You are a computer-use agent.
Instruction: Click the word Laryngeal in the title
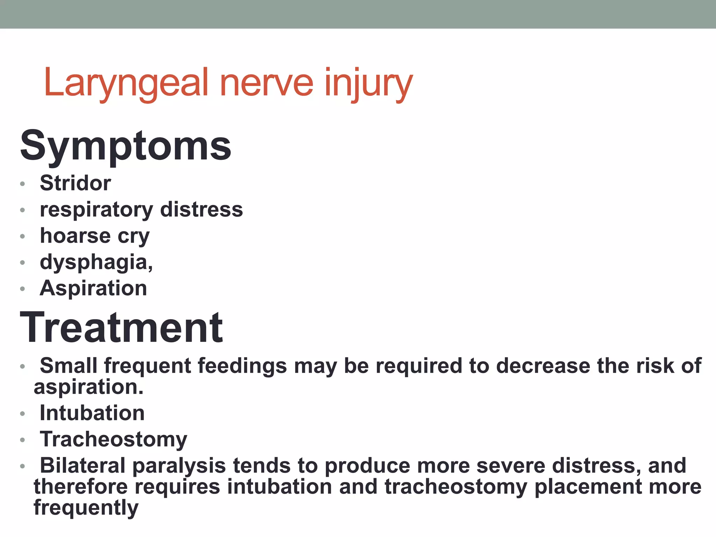(126, 83)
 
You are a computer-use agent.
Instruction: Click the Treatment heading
(121, 328)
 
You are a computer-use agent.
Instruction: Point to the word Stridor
(75, 183)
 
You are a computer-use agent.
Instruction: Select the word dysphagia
(95, 262)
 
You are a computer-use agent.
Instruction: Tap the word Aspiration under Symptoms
(93, 288)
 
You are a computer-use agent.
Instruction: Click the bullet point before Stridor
(23, 184)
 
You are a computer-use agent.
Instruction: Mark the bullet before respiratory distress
(23, 210)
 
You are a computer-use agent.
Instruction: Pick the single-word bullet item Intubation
(92, 413)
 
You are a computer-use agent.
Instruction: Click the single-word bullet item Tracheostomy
(113, 439)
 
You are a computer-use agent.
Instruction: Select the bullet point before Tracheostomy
(23, 440)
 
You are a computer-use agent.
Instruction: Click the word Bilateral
(83, 466)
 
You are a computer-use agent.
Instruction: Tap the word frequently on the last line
(86, 508)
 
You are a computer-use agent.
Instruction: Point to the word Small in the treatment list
(68, 366)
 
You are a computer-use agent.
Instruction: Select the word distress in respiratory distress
(201, 209)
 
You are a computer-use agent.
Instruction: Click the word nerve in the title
(266, 83)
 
